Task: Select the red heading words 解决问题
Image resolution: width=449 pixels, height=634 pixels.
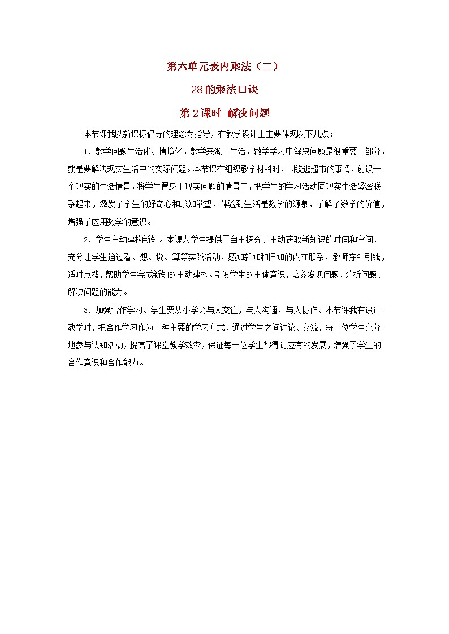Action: [248, 113]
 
